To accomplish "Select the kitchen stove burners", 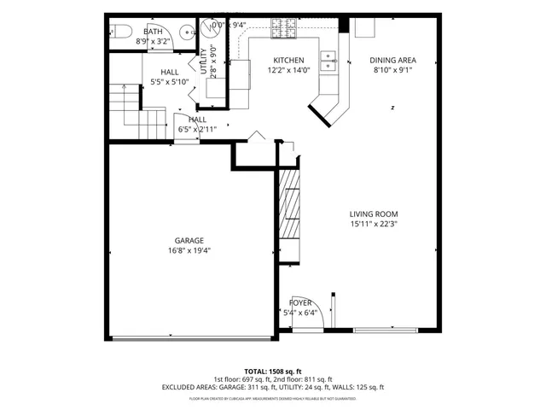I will click(x=282, y=27).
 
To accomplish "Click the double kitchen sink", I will click(x=328, y=59).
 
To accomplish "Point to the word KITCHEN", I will click(x=288, y=60).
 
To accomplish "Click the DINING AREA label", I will click(x=392, y=60).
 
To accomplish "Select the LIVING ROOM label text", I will click(x=374, y=214).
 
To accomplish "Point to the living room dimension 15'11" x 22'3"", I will click(x=374, y=225).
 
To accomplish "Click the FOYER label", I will click(x=300, y=302).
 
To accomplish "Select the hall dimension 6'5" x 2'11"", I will click(x=197, y=130).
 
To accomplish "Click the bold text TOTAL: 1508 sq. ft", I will click(x=273, y=372).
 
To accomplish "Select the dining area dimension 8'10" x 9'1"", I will click(x=392, y=71).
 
